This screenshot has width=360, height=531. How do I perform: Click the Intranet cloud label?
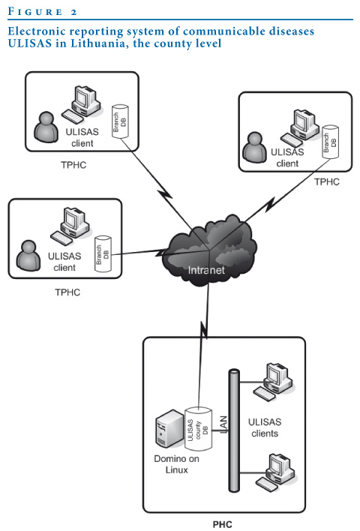point(206,270)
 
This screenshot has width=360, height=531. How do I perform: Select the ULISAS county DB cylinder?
point(198,429)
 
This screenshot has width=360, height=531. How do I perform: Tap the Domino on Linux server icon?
point(169,428)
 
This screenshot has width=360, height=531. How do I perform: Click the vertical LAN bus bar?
point(234,430)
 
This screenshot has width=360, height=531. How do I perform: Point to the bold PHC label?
point(223,524)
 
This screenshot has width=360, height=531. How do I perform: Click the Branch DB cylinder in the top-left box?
point(120,121)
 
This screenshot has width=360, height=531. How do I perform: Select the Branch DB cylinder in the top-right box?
point(330,142)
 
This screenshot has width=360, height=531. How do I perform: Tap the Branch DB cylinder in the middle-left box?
point(103,253)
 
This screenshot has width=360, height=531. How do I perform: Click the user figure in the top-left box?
point(46,127)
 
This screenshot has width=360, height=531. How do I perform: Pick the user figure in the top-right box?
point(255,147)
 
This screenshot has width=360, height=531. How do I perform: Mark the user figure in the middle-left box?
point(28,256)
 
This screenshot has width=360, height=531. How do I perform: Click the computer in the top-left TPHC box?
point(82,104)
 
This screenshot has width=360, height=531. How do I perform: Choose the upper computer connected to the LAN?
point(273,382)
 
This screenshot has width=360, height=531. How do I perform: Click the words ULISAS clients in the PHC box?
point(265,427)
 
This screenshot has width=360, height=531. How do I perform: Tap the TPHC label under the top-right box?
point(327,181)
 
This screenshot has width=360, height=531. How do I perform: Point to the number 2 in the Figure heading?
point(73,13)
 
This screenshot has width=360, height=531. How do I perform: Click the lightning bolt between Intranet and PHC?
point(205,330)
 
